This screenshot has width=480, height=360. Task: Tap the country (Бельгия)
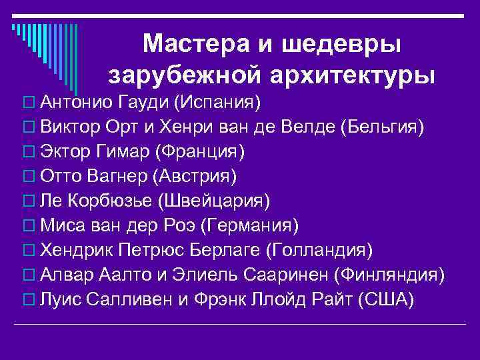pos(381,128)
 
